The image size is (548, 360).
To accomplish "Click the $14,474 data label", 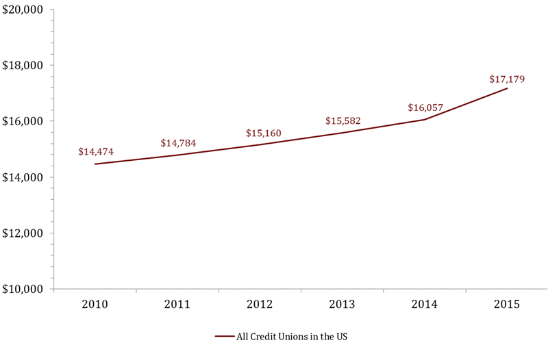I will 96,151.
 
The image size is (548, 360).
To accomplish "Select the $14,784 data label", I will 178,143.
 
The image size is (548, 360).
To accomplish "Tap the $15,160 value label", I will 264,133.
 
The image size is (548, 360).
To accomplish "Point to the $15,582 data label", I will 343,121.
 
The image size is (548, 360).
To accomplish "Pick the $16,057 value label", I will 425,107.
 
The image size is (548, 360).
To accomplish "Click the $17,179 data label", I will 507,79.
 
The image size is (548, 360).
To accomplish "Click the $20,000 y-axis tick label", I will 23,10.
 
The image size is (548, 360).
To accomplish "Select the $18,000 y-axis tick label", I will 23,66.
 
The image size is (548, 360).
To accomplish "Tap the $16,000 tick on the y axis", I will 23,121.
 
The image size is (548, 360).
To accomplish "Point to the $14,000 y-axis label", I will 23,177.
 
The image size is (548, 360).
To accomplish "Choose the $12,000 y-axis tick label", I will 23,233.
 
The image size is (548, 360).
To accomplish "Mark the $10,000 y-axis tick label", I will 23,289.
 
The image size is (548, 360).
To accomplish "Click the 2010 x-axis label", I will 96,304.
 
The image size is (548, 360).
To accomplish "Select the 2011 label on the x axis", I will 177,304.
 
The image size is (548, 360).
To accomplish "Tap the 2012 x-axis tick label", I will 260,304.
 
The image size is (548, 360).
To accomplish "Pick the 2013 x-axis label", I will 342,304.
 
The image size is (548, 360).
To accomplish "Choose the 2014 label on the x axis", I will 424,304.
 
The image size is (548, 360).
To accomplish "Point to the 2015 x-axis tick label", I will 506,304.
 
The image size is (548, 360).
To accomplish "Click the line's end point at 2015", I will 507,88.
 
